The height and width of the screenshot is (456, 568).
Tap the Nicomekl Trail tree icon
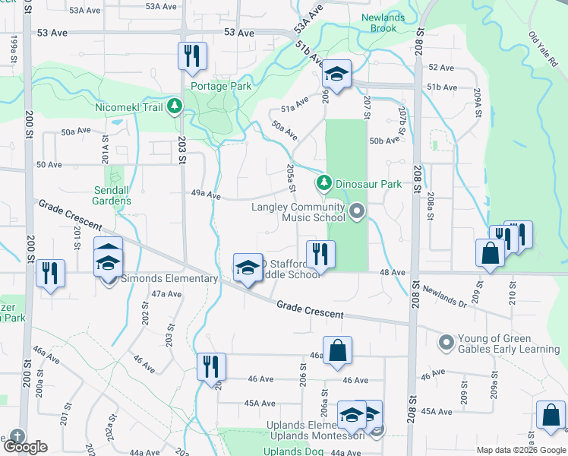pyautogui.click(x=175, y=106)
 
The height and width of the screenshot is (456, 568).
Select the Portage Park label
pyautogui.click(x=220, y=86)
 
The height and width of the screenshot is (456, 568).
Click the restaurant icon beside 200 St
pyautogui.click(x=50, y=272)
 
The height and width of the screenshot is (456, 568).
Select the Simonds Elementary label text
pyautogui.click(x=170, y=278)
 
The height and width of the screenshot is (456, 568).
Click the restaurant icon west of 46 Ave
pyautogui.click(x=211, y=366)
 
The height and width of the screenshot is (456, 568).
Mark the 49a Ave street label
pyautogui.click(x=205, y=195)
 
